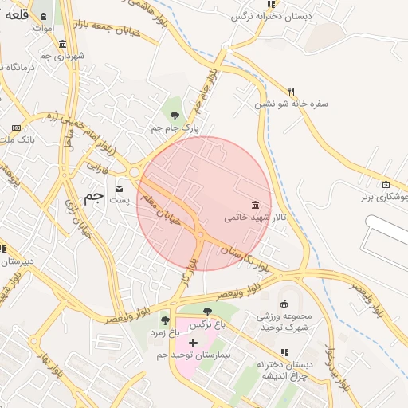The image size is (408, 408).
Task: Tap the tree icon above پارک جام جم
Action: (175, 116)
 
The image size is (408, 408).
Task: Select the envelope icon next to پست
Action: (120, 189)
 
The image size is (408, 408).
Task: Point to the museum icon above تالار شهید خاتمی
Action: (254, 205)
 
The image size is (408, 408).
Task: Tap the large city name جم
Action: (94, 196)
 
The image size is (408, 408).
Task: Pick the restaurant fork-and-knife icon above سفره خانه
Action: (291, 91)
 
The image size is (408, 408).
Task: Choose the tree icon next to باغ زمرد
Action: (166, 320)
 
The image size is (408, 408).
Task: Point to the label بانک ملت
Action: (15, 140)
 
